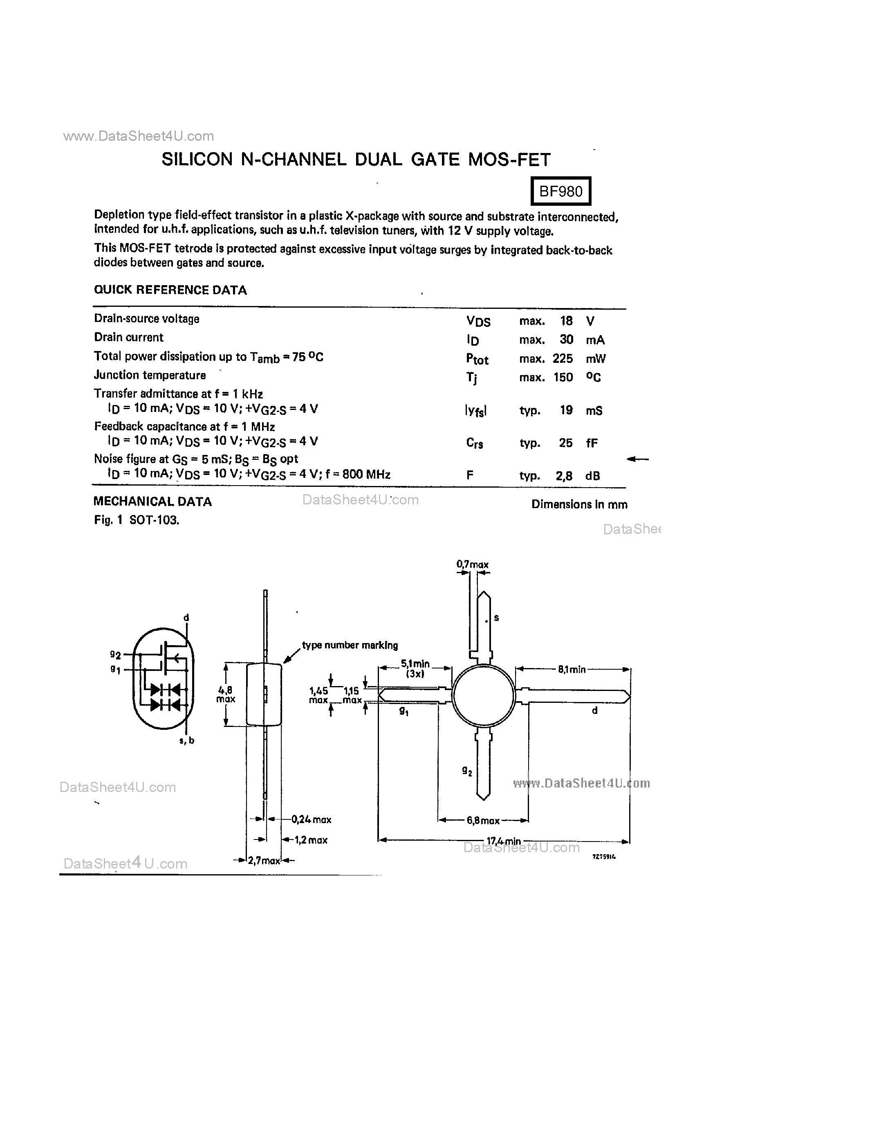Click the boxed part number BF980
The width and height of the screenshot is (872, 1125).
click(560, 191)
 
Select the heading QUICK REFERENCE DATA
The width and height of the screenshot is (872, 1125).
click(170, 290)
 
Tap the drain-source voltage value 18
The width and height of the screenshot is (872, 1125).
click(566, 321)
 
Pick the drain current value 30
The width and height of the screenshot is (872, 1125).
click(566, 340)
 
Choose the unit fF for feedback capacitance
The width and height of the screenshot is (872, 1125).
click(592, 443)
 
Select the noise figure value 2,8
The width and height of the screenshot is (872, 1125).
click(564, 476)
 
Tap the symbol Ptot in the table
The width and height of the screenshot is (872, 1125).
click(477, 359)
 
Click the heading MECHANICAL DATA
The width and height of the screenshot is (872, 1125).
click(152, 502)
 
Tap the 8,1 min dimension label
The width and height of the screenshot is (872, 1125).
click(572, 670)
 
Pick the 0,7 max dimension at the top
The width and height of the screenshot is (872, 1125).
click(472, 565)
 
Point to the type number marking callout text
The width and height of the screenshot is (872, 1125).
click(350, 645)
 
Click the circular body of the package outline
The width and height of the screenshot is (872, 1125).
click(483, 695)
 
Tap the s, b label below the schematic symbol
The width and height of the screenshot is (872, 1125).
click(186, 740)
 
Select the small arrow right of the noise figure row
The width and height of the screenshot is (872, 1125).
click(637, 459)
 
